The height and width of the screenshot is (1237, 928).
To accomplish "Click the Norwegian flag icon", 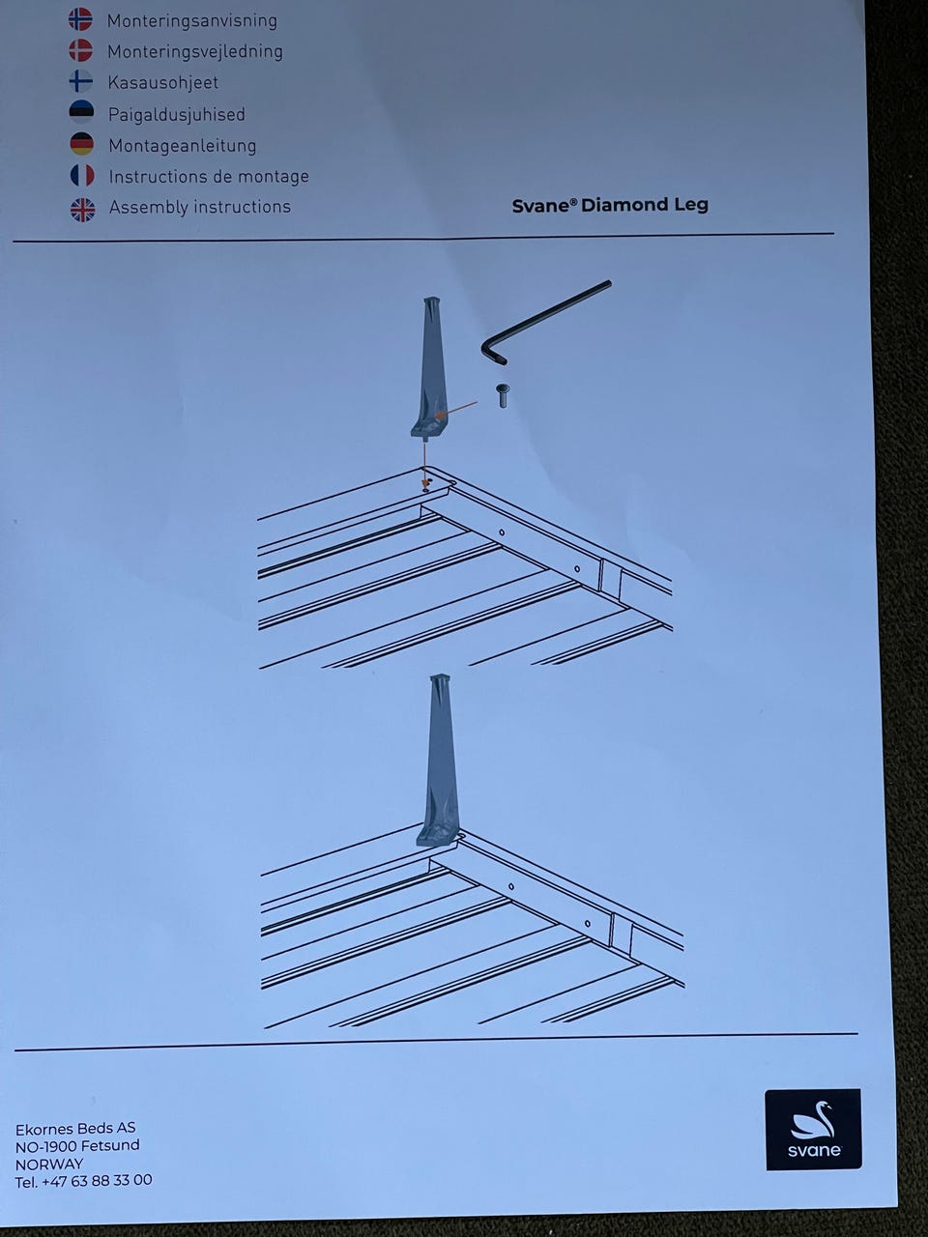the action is [x=80, y=19].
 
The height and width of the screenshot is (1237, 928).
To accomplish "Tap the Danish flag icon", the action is [x=81, y=50].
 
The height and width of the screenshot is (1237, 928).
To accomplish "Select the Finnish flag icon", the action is [x=81, y=81].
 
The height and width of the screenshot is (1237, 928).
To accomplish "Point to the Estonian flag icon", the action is [x=82, y=112].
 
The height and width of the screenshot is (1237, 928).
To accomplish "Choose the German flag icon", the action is [x=82, y=144].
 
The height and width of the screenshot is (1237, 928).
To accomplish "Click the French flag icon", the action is [x=82, y=175].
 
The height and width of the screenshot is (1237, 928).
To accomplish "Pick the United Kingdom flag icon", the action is [x=83, y=209].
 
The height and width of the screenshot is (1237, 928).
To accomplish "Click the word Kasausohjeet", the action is [x=162, y=83].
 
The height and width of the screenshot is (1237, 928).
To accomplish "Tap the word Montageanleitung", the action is [x=183, y=146].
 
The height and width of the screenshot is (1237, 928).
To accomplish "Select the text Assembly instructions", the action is [x=200, y=208].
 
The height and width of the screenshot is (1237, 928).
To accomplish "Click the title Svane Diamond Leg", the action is [x=610, y=205].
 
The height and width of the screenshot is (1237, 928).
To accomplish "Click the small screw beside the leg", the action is [x=502, y=395].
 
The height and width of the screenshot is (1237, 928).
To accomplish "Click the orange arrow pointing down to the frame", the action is [x=424, y=464].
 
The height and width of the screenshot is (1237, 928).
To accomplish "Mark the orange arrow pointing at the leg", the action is [x=456, y=410].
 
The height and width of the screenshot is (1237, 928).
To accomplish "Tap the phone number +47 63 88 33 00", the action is [x=97, y=1180].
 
